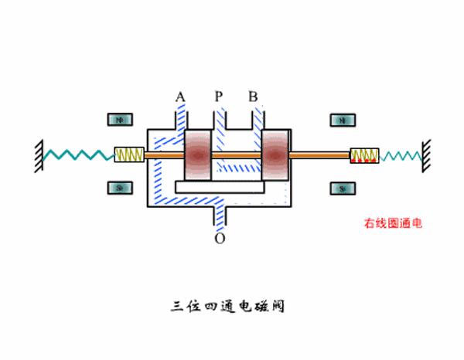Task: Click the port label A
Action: [180, 97]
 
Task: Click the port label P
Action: [219, 97]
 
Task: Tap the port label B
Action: [253, 97]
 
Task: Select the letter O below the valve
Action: [220, 239]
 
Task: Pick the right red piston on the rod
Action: [275, 155]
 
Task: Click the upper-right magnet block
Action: [342, 121]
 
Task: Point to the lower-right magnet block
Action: [342, 188]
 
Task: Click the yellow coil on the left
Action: [129, 155]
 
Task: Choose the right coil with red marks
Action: [364, 157]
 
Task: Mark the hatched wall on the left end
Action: [38, 154]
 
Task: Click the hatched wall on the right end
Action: [425, 154]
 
